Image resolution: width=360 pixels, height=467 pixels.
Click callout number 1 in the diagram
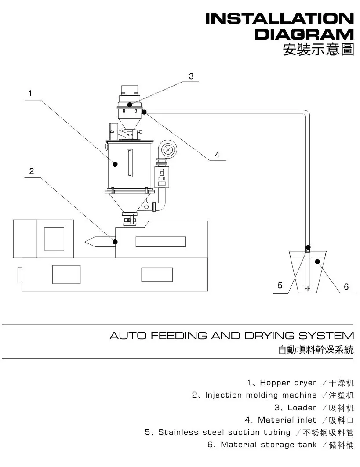(x=29, y=93)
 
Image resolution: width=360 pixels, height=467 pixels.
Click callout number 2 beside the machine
(x=31, y=171)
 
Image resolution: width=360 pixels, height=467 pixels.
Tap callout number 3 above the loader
(x=191, y=76)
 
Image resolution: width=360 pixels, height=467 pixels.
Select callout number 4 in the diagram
(x=217, y=155)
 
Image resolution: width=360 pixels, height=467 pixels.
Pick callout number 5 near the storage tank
(x=280, y=286)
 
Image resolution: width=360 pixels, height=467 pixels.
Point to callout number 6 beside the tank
(x=346, y=286)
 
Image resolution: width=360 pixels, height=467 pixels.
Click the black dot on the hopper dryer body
(x=115, y=164)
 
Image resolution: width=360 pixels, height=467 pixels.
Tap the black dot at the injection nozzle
(x=115, y=241)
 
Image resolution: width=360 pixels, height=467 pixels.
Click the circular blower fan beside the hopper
(x=167, y=150)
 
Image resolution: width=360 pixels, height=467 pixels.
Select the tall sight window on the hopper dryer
(x=130, y=163)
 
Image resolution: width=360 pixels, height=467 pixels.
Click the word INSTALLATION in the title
(x=280, y=19)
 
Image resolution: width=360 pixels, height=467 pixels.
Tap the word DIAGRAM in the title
(x=304, y=34)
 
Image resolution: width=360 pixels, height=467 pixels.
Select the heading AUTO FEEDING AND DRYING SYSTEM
(x=231, y=336)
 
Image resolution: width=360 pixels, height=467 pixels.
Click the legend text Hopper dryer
(x=288, y=383)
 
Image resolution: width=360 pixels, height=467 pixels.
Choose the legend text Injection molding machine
(x=260, y=395)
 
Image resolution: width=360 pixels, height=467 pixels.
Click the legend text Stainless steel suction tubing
(x=224, y=432)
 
